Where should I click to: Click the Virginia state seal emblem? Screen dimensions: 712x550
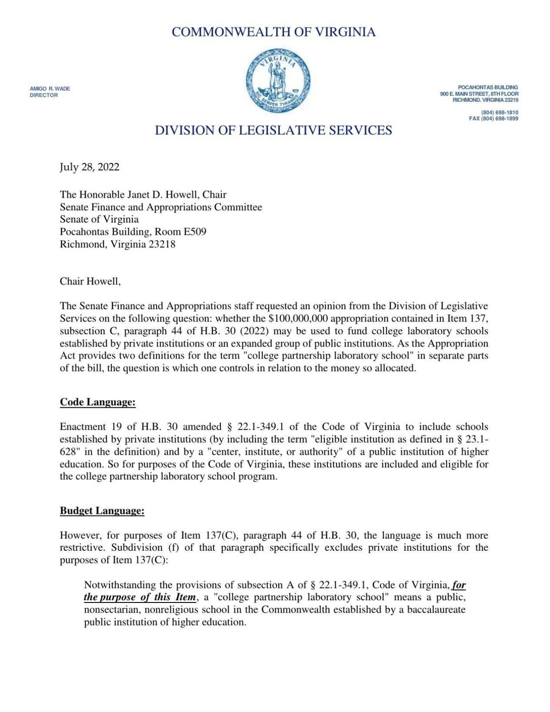pyautogui.click(x=277, y=81)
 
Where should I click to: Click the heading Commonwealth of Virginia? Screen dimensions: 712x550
pyautogui.click(x=274, y=32)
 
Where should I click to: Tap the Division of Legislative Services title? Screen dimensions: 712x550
pyautogui.click(x=273, y=131)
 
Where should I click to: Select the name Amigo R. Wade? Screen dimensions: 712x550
pyautogui.click(x=50, y=88)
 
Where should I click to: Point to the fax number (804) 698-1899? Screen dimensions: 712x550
pyautogui.click(x=494, y=119)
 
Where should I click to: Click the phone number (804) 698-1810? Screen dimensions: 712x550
pyautogui.click(x=500, y=112)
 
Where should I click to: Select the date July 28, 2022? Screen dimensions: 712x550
pyautogui.click(x=89, y=167)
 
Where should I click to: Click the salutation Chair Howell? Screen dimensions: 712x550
pyautogui.click(x=90, y=281)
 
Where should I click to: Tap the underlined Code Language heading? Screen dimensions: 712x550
pyautogui.click(x=98, y=402)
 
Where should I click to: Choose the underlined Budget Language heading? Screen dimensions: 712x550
pyautogui.click(x=102, y=511)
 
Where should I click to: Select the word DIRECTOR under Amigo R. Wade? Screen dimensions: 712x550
pyautogui.click(x=44, y=95)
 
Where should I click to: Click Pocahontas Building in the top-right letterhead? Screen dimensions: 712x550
pyautogui.click(x=488, y=87)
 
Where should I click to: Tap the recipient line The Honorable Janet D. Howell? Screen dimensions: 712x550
pyautogui.click(x=143, y=195)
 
